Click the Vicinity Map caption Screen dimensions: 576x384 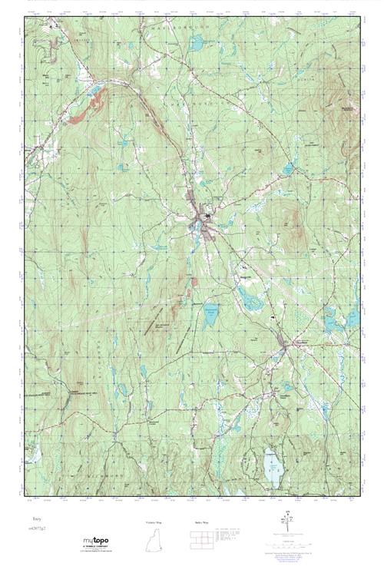click(154, 522)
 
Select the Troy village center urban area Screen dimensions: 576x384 click(201, 222)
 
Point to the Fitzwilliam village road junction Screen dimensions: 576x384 click(285, 346)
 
